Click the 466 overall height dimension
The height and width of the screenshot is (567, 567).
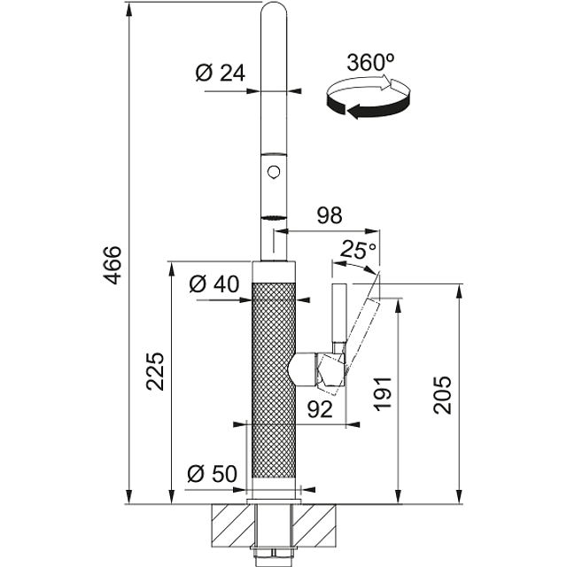pyautogui.click(x=113, y=265)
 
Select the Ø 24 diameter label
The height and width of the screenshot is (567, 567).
pyautogui.click(x=220, y=73)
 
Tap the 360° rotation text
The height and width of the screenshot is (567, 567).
pyautogui.click(x=370, y=62)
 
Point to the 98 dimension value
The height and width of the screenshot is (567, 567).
pyautogui.click(x=330, y=215)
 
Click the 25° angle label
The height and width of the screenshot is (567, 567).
pyautogui.click(x=358, y=249)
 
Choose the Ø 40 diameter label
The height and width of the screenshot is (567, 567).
pyautogui.click(x=214, y=283)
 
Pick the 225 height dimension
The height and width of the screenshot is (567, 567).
pyautogui.click(x=155, y=371)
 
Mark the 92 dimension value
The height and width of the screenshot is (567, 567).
pyautogui.click(x=320, y=409)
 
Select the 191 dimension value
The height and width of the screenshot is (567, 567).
pyautogui.click(x=383, y=393)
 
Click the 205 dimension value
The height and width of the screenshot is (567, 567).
pyautogui.click(x=443, y=395)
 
